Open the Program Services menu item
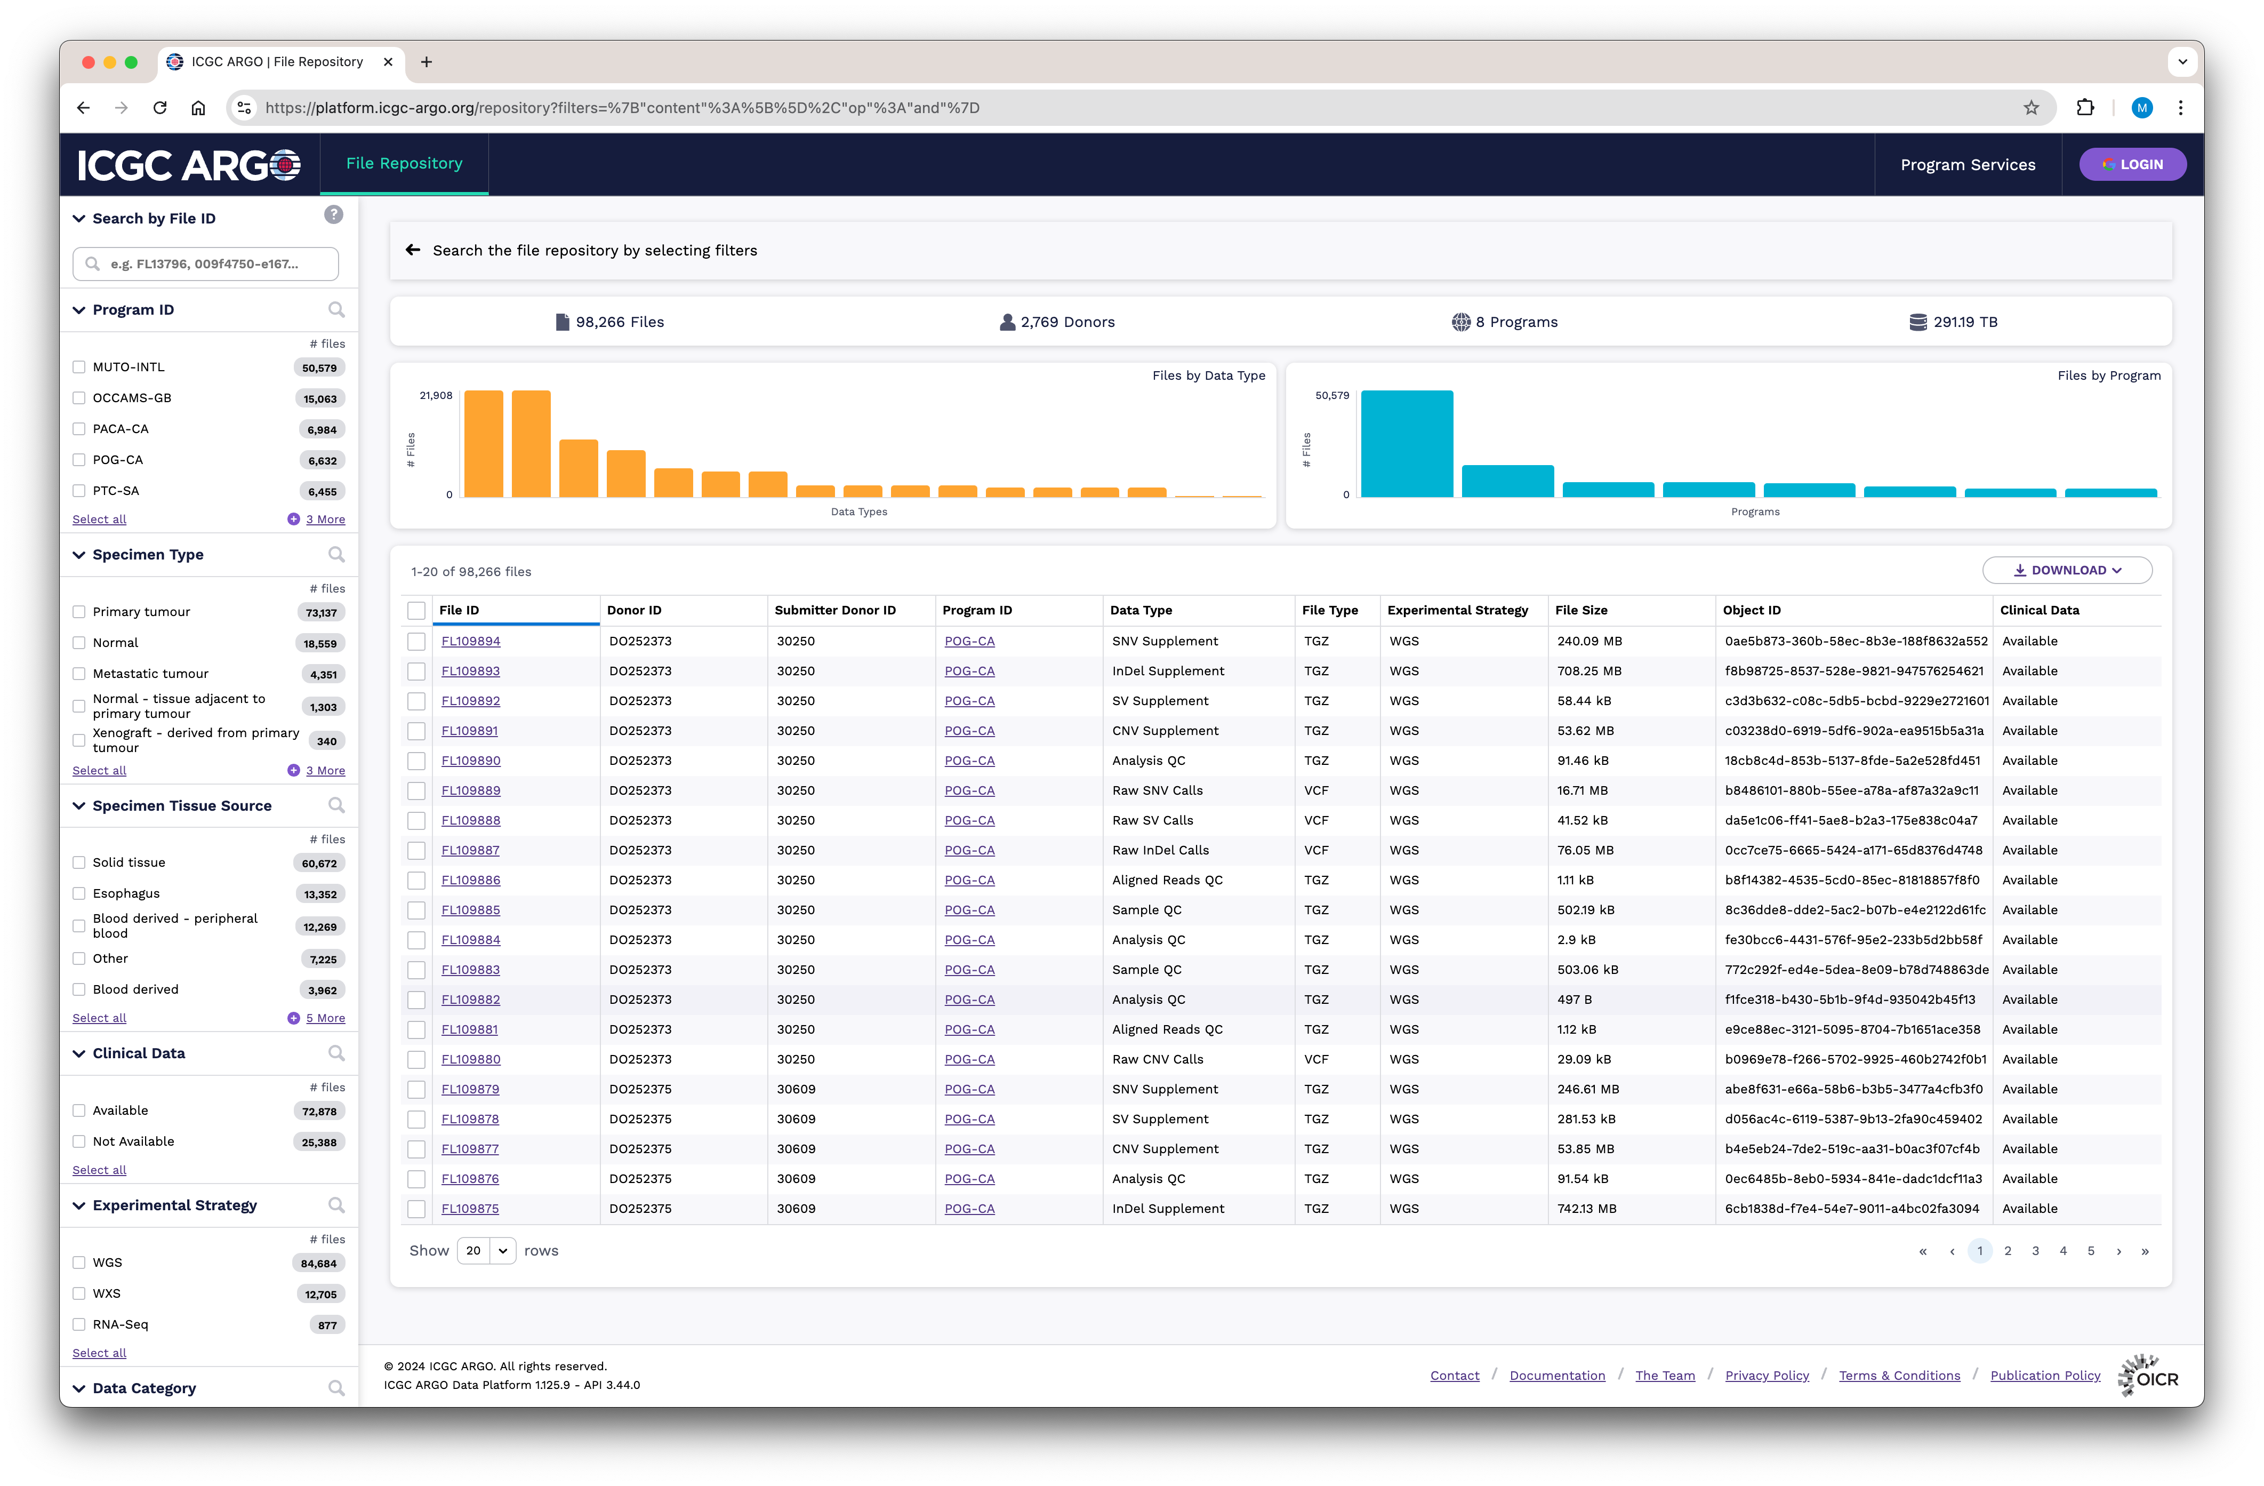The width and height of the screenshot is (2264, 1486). (1967, 165)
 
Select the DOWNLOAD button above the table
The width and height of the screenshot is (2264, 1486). (2067, 570)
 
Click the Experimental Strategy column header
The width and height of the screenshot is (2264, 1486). (1457, 610)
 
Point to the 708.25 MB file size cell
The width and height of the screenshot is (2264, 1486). (1588, 670)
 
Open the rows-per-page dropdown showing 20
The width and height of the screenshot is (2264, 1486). (486, 1251)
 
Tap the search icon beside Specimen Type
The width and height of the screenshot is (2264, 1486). (336, 555)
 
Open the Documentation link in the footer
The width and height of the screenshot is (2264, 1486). (1557, 1376)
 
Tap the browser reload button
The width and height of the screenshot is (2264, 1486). (160, 108)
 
